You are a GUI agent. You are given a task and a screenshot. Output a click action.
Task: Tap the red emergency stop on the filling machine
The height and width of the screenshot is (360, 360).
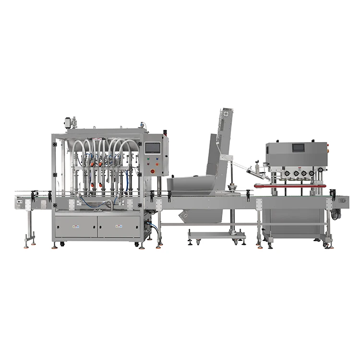click(x=154, y=171)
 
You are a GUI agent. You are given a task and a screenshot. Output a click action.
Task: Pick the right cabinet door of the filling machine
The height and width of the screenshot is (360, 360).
click(x=119, y=226)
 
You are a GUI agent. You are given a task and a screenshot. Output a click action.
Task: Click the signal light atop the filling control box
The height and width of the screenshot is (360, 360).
click(x=165, y=133)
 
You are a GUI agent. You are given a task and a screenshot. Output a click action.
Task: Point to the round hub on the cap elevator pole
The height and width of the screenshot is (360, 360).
click(x=233, y=187)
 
